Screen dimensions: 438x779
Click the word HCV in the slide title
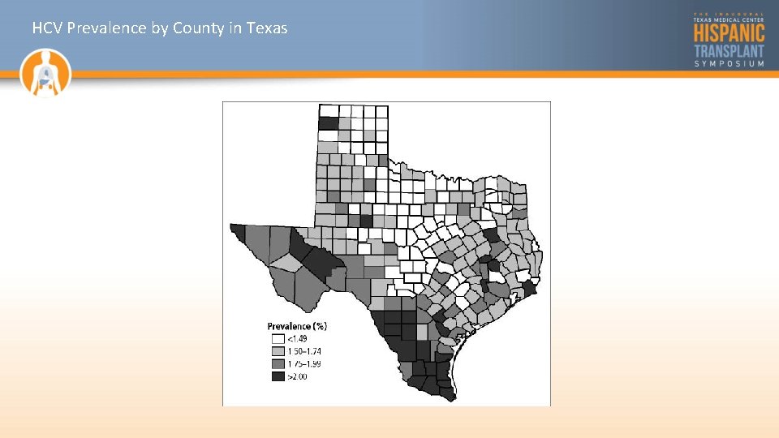[x=48, y=28]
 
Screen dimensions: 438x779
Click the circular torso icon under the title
[x=46, y=72]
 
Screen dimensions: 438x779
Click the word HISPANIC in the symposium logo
[x=729, y=32]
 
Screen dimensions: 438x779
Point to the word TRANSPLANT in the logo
[x=729, y=50]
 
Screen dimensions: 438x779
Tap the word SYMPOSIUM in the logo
[x=729, y=63]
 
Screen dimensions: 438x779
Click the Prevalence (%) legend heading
[x=297, y=326]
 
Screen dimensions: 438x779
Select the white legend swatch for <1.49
[x=278, y=338]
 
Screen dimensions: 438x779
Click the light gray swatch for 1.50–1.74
[x=278, y=351]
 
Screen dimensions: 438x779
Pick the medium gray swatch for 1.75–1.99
[x=278, y=364]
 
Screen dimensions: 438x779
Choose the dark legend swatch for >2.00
[x=278, y=377]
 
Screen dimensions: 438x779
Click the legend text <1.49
[x=298, y=338]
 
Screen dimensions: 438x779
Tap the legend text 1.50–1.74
[x=306, y=351]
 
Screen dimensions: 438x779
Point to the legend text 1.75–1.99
[x=306, y=364]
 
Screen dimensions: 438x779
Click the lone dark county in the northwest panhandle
[x=328, y=123]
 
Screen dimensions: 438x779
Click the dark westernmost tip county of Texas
[x=237, y=232]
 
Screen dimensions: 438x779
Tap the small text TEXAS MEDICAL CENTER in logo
[x=729, y=19]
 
